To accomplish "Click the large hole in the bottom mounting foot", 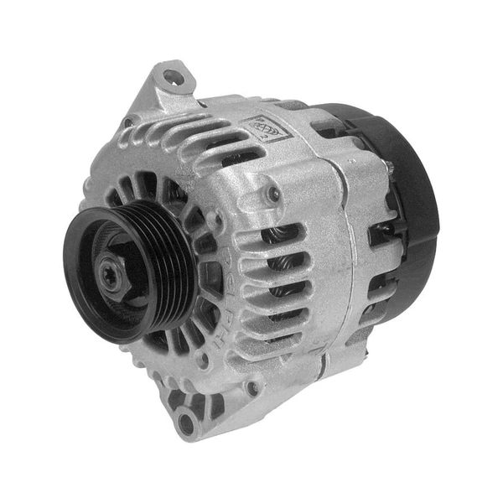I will pos(186,424).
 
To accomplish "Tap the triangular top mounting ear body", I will pos(164,92).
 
